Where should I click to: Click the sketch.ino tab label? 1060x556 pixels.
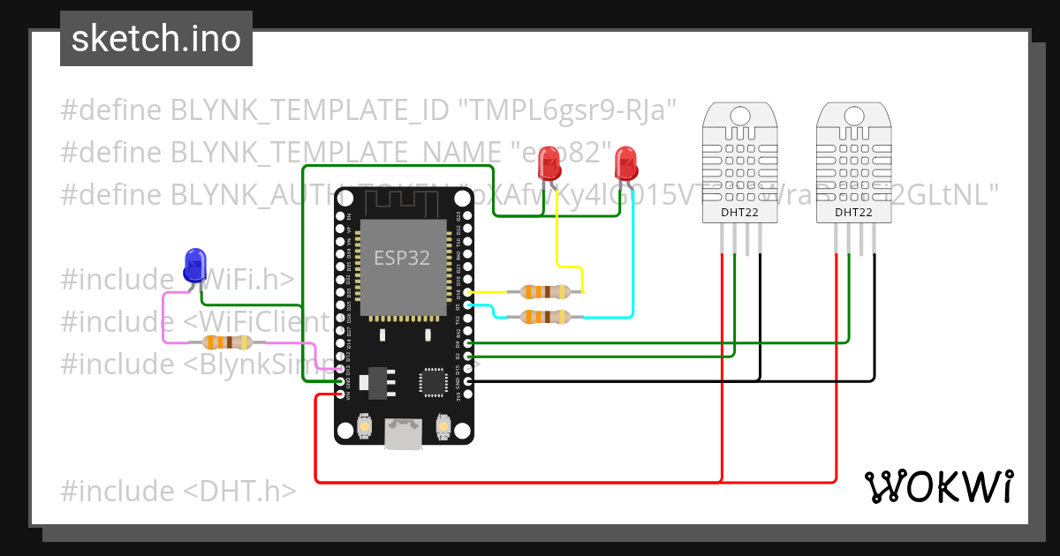155,39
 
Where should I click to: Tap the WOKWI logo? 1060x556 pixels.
938,486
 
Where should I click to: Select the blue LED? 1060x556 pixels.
194,266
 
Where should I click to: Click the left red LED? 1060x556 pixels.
551,162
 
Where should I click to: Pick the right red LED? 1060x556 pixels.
626,162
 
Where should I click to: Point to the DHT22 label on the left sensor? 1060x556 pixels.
739,212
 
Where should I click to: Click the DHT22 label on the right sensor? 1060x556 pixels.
853,212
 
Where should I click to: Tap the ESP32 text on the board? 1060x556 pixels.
402,258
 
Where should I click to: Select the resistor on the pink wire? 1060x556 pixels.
227,343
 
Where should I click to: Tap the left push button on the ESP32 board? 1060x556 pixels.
364,428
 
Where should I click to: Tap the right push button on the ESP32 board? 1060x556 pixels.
443,428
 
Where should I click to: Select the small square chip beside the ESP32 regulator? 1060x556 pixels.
433,381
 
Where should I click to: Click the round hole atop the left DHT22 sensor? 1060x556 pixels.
739,114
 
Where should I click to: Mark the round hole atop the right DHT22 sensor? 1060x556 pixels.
853,114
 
